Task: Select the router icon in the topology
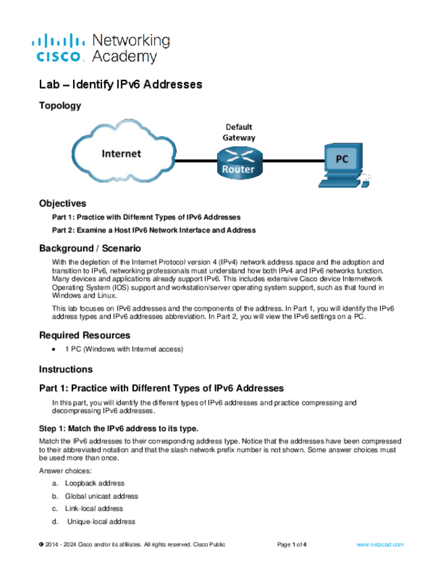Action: coord(238,162)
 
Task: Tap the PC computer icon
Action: coord(343,164)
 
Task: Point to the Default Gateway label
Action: coord(239,132)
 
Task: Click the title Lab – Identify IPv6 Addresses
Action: coord(121,85)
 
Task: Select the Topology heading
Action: coord(60,106)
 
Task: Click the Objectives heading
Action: coord(63,203)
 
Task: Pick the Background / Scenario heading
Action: coord(90,248)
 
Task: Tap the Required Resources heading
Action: coord(85,335)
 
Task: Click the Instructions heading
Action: coord(66,370)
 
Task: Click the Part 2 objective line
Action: coord(154,230)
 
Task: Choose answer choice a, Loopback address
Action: coord(94,483)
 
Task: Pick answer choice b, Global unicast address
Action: coord(101,496)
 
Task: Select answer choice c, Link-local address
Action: coord(93,508)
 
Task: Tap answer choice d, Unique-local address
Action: coord(100,521)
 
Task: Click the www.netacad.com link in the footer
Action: coord(379,544)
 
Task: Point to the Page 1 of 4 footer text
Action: coord(292,544)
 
